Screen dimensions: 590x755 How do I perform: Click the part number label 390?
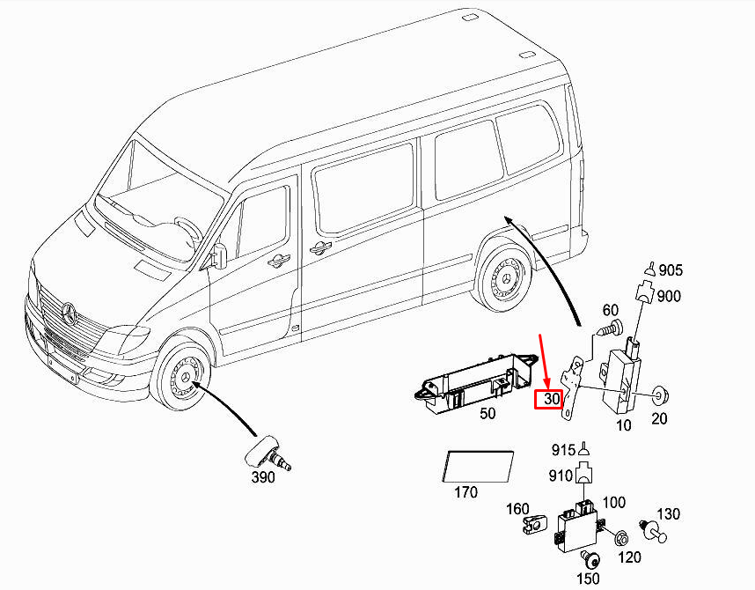[262, 477]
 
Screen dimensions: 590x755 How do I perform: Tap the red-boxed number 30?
[553, 399]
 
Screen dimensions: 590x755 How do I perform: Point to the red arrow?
[545, 360]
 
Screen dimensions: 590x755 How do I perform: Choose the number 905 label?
[670, 270]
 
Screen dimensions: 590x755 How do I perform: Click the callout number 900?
[669, 297]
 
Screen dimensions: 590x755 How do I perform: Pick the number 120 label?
[628, 557]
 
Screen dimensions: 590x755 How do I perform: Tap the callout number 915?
[564, 448]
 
